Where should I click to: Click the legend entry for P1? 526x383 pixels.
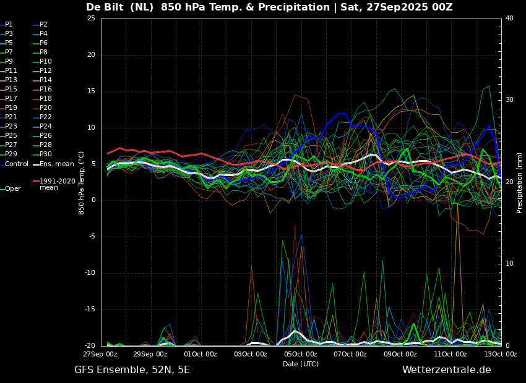point(7,25)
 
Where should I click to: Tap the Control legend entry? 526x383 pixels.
point(14,164)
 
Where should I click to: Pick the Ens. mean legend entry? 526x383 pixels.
point(54,164)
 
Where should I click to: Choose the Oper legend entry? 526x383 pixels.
point(11,189)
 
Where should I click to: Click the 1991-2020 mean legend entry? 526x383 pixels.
point(54,184)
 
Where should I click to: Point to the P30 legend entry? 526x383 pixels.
point(43,154)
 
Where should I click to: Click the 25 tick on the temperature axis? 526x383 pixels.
point(91,18)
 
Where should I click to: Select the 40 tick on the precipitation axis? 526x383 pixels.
point(509,18)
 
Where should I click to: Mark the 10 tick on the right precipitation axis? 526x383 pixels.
point(509,264)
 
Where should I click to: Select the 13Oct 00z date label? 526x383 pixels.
point(501,354)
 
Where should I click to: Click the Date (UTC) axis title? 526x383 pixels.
point(301,364)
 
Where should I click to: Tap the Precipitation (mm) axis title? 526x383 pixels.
point(520,182)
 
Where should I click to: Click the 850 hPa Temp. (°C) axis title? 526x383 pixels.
point(82,183)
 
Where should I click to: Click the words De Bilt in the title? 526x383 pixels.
point(106,7)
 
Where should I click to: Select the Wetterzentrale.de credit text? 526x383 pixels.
point(447,370)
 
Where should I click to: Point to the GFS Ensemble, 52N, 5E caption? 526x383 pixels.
point(132,370)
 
